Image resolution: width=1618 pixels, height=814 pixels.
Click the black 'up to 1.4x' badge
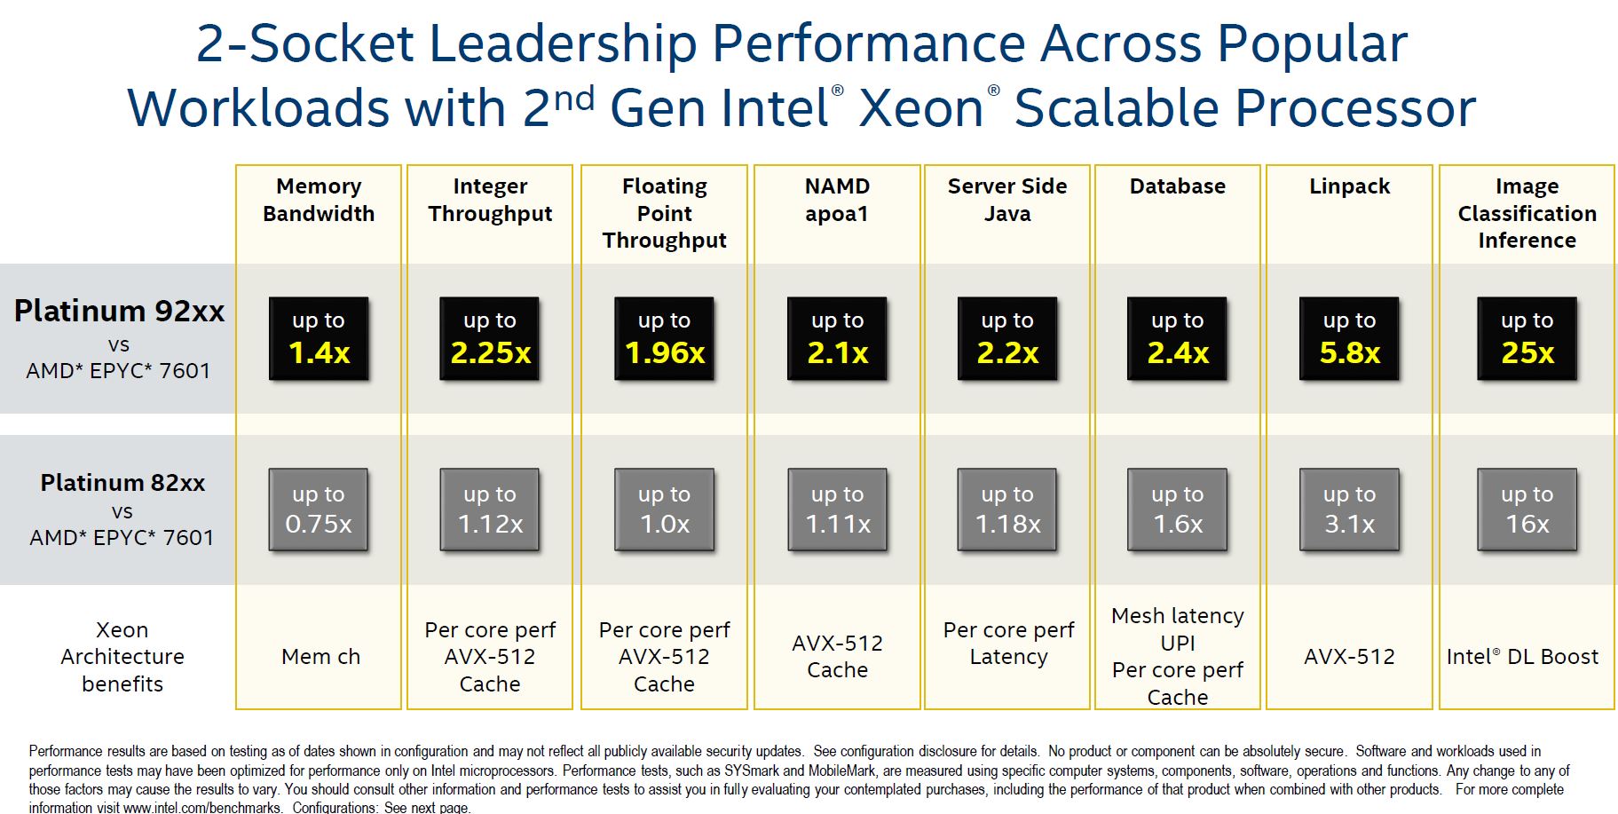[319, 338]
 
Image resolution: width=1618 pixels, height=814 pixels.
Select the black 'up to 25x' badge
[1527, 338]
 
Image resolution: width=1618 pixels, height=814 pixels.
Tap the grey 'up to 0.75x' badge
[319, 510]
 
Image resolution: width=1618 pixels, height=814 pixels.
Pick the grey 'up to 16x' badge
[1527, 510]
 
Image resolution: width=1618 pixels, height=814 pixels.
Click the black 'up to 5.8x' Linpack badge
[1349, 338]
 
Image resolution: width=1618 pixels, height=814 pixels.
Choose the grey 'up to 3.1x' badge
[1349, 510]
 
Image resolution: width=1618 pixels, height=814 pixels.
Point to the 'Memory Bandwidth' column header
[319, 200]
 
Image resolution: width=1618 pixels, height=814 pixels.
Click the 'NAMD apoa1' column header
[837, 200]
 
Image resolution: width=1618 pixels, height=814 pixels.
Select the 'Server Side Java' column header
[1007, 200]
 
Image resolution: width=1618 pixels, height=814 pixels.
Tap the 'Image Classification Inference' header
[1527, 213]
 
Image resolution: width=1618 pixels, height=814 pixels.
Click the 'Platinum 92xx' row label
[119, 312]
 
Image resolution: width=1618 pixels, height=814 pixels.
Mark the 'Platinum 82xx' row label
[122, 483]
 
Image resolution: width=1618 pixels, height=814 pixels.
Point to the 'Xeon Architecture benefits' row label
[122, 657]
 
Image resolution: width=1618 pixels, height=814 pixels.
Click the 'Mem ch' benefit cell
[320, 657]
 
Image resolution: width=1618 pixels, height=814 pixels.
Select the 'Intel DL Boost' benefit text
[1522, 657]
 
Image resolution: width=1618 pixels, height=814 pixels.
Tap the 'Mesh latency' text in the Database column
[1178, 616]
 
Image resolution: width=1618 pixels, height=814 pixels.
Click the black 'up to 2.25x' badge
[490, 338]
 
